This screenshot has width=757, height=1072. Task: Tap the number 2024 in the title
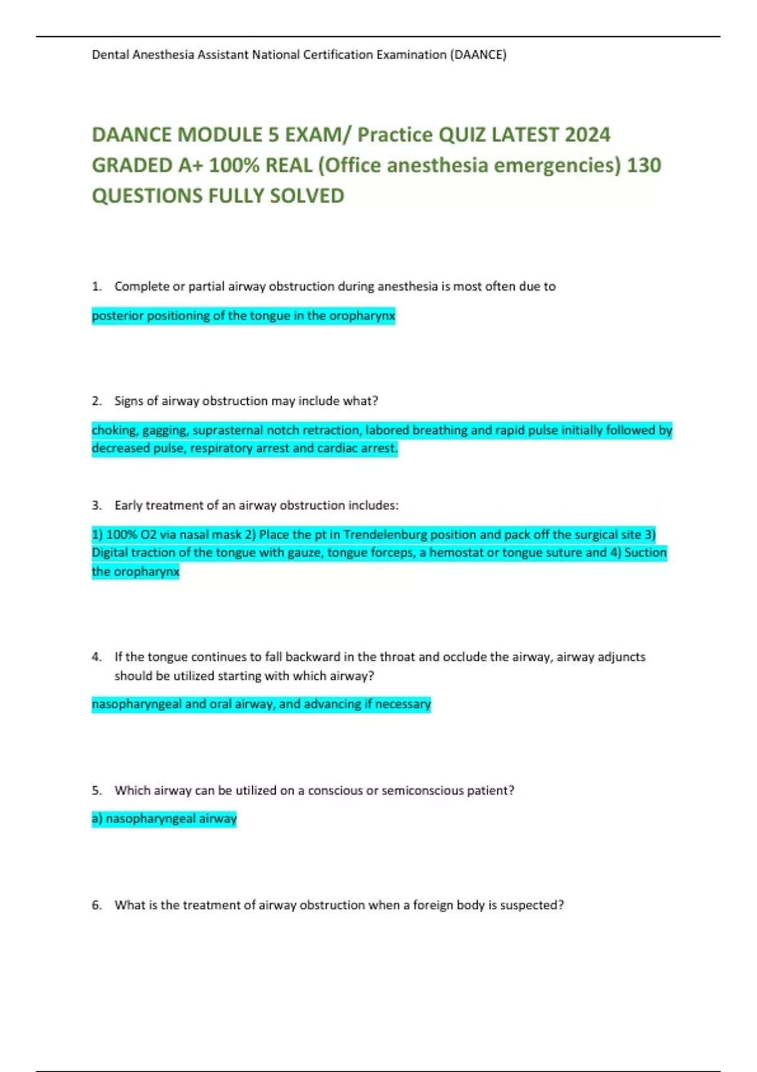(587, 135)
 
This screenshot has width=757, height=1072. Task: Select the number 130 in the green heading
(644, 165)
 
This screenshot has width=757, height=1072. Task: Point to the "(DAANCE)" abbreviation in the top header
(478, 55)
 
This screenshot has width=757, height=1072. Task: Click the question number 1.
(96, 286)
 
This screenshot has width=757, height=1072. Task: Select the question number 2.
(96, 401)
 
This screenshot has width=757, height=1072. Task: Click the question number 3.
(96, 506)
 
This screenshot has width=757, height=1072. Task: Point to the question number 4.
(96, 657)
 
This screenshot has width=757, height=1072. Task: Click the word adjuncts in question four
(621, 657)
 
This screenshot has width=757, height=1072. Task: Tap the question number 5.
(96, 791)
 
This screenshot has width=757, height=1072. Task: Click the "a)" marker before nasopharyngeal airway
(97, 819)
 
